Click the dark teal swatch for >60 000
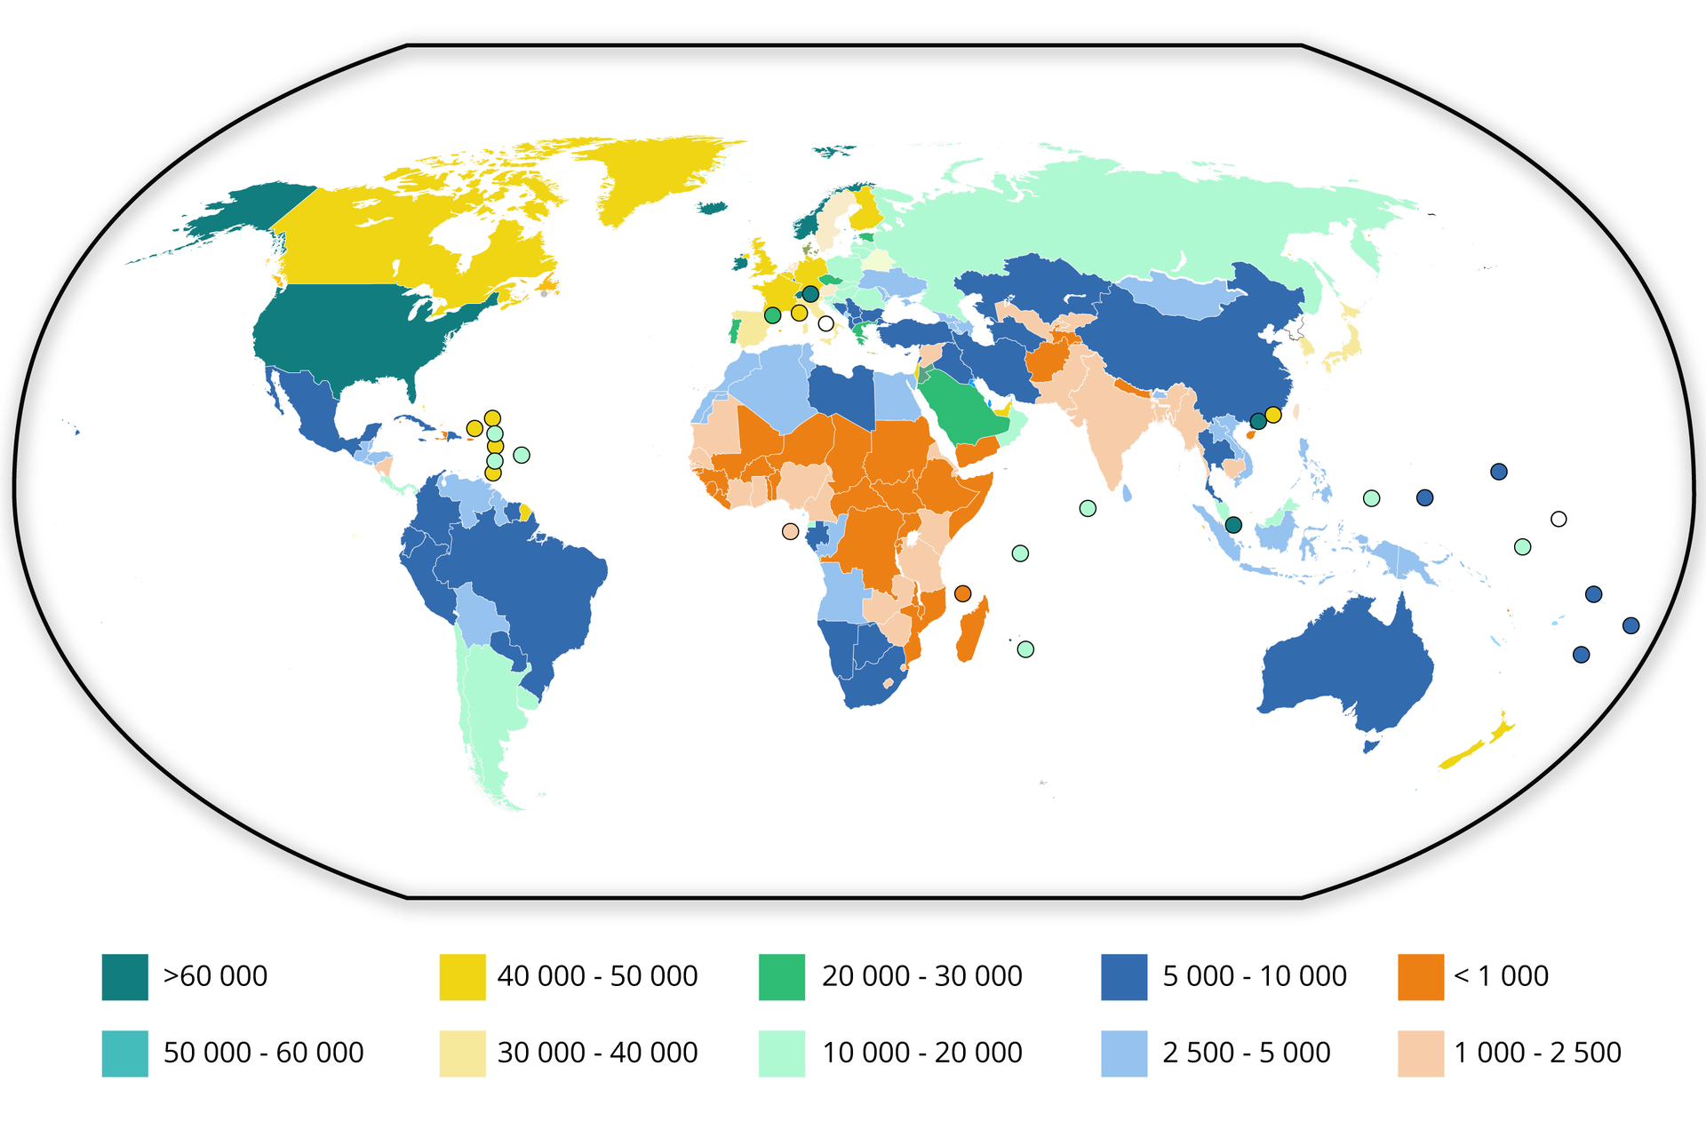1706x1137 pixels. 124,976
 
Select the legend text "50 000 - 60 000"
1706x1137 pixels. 263,1053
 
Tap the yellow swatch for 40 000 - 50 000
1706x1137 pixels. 462,976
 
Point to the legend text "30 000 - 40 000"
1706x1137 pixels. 597,1053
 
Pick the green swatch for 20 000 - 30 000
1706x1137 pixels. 781,976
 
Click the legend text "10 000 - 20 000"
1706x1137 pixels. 921,1053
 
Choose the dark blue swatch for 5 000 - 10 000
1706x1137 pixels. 1123,976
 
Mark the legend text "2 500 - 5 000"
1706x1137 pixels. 1246,1053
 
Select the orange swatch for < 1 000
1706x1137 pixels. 1420,976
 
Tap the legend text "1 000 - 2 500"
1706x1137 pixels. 1537,1053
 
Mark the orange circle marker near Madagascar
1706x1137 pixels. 962,593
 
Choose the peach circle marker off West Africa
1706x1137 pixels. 790,531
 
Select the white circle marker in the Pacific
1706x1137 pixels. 1559,519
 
